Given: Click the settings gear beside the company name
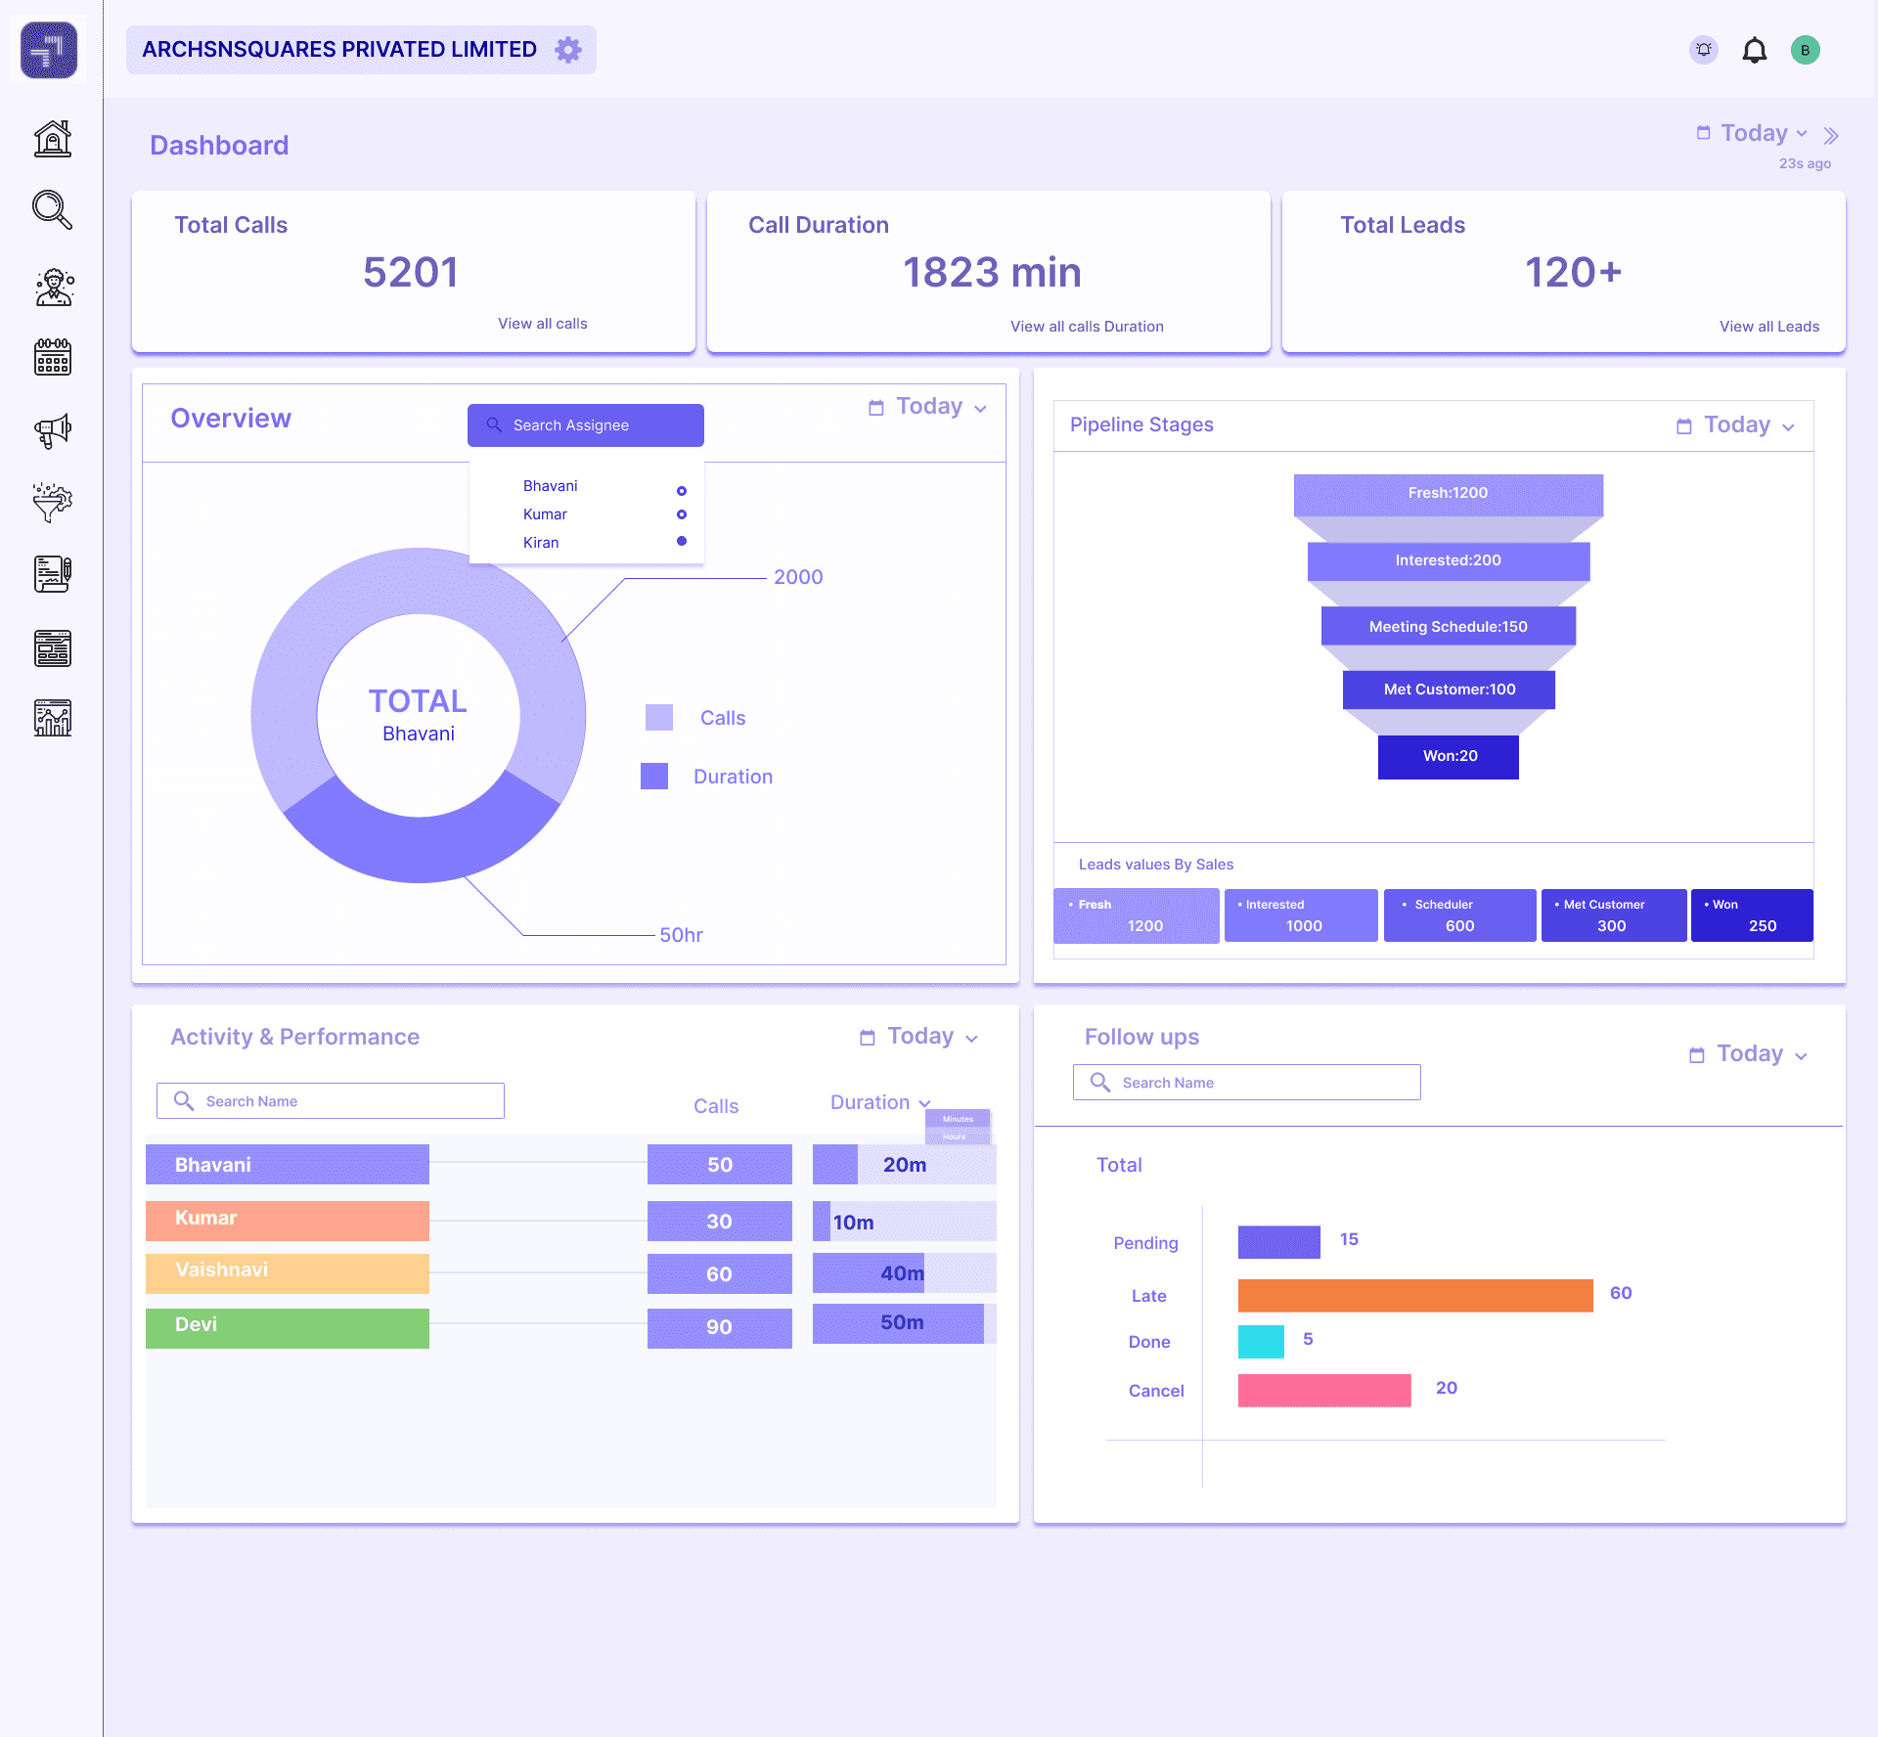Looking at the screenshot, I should [568, 50].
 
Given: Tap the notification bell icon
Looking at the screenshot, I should [1755, 50].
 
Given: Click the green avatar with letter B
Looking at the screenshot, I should [1805, 50].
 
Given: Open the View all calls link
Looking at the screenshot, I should [542, 324].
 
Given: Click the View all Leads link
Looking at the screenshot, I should [1768, 327].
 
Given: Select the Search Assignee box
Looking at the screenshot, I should [585, 425].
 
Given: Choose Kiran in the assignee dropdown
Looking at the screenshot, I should [541, 543].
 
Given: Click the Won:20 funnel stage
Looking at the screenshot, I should [1448, 757].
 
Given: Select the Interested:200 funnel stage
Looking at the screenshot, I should [1448, 560].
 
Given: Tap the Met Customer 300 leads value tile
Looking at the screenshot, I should [1613, 915].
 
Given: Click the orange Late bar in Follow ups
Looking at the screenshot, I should [1414, 1295].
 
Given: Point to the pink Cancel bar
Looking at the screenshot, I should [1323, 1390].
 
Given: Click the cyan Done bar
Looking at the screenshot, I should [1260, 1342].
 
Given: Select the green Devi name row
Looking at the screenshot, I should [287, 1327].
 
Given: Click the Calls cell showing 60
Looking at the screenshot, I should [719, 1274].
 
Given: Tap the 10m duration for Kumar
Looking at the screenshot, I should [853, 1223].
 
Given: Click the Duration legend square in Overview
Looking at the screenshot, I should [654, 777].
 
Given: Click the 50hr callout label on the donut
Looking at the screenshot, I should [681, 935].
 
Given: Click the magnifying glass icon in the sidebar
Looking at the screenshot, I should [53, 210].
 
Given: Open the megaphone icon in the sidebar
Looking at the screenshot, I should [53, 430].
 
